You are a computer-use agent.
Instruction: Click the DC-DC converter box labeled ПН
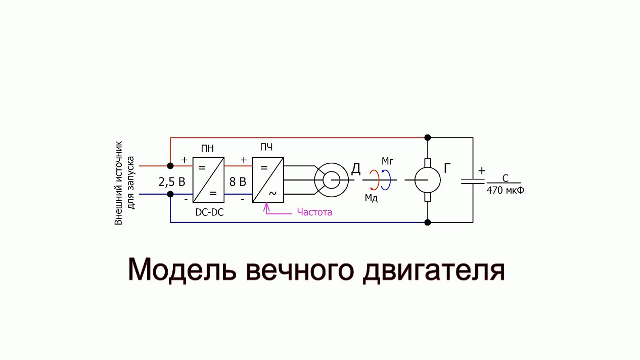(x=208, y=180)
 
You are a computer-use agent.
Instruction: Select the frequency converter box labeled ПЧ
(x=268, y=180)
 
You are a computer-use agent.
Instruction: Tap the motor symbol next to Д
(x=331, y=180)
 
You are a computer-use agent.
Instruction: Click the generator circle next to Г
(x=428, y=180)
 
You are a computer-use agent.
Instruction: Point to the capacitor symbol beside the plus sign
(x=473, y=180)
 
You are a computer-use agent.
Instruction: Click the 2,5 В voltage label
(x=172, y=182)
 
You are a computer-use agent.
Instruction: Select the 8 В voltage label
(x=238, y=182)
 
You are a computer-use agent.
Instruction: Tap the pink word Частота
(x=314, y=212)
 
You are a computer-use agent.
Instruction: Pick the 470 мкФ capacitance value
(x=505, y=191)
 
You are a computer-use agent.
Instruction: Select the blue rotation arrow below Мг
(x=386, y=180)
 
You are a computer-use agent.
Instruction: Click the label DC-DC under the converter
(x=209, y=213)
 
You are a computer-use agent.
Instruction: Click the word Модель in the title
(x=181, y=270)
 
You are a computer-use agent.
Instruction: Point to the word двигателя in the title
(x=434, y=270)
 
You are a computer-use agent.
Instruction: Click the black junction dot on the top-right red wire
(x=428, y=138)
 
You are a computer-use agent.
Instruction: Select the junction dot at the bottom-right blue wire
(x=428, y=222)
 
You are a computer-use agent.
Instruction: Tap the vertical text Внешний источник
(x=119, y=183)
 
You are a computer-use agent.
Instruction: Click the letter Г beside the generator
(x=448, y=169)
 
